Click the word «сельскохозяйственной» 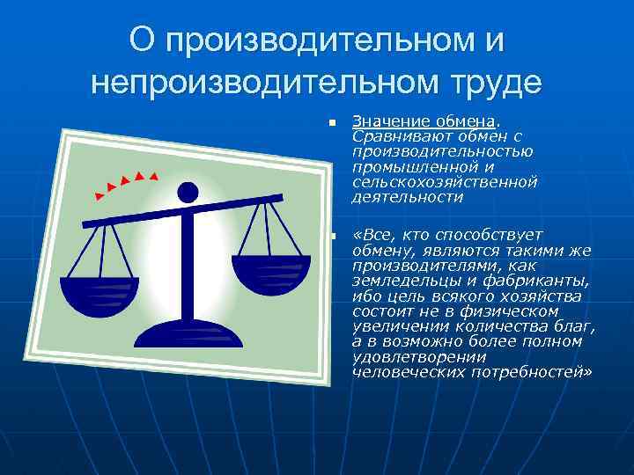[444, 182]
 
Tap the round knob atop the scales [188, 192]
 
